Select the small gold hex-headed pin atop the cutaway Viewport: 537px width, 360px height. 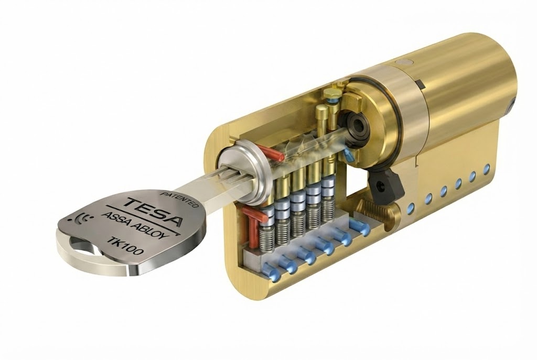pos(331,95)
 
